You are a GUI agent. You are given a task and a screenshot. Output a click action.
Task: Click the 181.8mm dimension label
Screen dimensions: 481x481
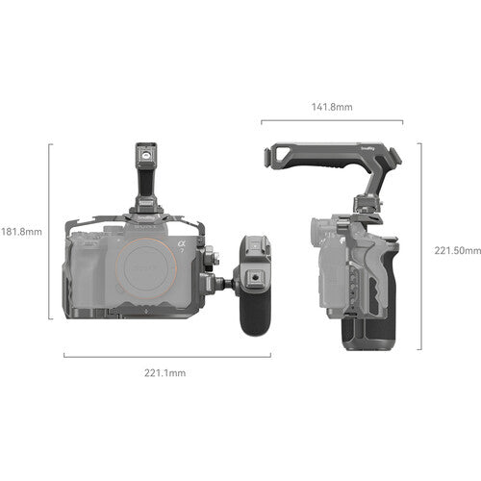(21, 231)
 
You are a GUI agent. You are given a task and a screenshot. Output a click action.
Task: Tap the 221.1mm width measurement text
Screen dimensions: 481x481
(165, 372)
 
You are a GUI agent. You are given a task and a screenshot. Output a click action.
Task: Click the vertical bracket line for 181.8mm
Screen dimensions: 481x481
(50, 231)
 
